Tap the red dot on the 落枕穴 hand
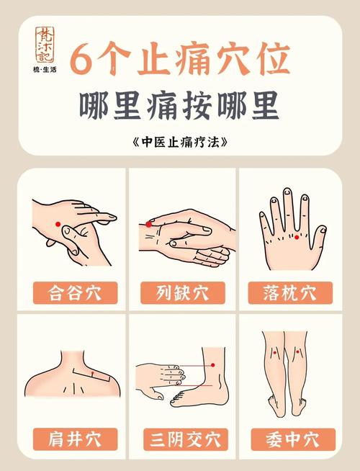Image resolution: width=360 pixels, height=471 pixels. pos(296,236)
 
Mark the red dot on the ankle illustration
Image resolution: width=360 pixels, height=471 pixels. pos(213,366)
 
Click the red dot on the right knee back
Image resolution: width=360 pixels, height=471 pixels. pos(297,353)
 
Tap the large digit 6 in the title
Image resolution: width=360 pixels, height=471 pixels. pos(86,59)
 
